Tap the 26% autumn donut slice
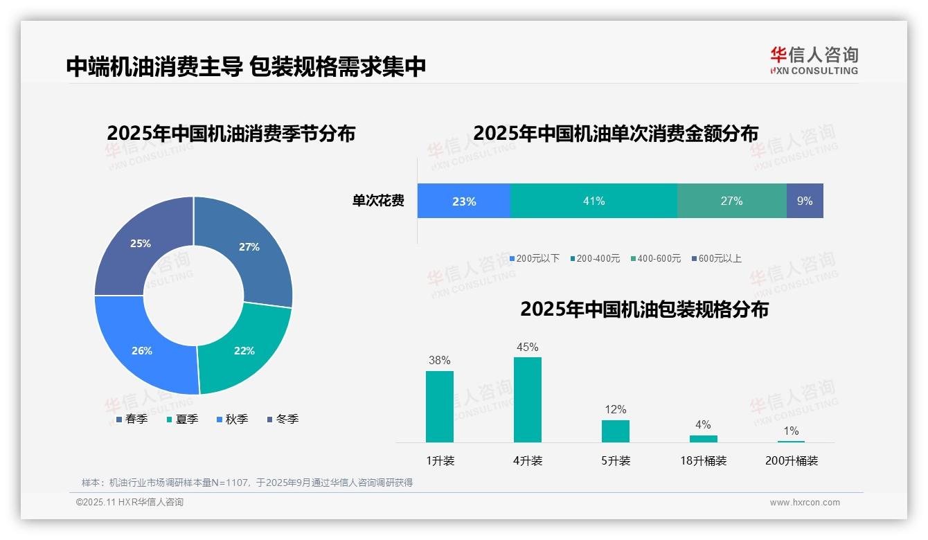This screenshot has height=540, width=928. [141, 350]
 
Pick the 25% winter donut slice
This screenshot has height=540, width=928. [140, 244]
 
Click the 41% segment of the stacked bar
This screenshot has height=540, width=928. [594, 201]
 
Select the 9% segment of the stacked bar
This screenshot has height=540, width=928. [805, 201]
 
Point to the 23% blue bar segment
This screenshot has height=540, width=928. [463, 201]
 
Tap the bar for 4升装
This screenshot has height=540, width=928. [527, 399]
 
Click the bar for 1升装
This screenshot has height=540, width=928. [439, 406]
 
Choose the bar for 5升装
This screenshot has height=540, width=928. [615, 431]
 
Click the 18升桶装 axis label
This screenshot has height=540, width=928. [703, 460]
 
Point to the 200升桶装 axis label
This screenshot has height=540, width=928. [791, 460]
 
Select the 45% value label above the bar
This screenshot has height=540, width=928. [527, 347]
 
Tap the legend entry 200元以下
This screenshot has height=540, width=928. [537, 258]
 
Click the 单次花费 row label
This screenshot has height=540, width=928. [378, 201]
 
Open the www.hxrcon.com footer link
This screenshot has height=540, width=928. [805, 502]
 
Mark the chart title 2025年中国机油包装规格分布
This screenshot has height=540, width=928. [644, 309]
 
